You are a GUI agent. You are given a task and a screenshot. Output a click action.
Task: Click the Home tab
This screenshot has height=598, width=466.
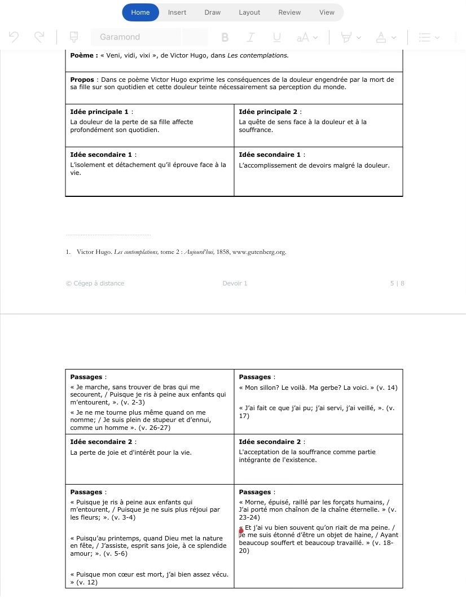(140, 12)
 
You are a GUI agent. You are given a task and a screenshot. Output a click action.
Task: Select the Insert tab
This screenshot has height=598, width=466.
(177, 12)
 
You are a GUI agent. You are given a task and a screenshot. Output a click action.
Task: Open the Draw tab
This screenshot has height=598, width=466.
(213, 12)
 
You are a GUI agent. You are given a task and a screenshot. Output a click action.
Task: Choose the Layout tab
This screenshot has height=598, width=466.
(249, 12)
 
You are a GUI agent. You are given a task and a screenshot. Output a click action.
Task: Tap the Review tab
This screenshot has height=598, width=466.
(289, 12)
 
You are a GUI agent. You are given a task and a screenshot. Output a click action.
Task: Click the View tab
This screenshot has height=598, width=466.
(327, 12)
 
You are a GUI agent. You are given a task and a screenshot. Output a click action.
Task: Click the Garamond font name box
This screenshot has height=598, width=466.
(135, 37)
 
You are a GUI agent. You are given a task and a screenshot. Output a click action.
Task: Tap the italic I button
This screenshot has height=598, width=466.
(251, 37)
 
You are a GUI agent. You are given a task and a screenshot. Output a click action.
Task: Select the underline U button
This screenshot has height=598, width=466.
(277, 37)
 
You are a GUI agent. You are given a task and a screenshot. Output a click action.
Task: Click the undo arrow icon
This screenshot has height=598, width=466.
(14, 37)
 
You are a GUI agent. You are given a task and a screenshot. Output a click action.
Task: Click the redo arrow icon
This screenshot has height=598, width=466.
(39, 37)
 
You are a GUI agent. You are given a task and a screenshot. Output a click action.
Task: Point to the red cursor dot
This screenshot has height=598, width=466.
(241, 531)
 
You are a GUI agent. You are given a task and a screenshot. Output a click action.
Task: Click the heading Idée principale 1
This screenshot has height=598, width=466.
(99, 112)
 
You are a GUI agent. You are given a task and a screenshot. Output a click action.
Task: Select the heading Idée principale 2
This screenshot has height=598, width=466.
(267, 112)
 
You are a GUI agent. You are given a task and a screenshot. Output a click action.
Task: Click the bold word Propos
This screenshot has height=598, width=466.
(82, 80)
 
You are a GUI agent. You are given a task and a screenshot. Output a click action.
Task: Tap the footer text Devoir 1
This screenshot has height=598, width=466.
(235, 283)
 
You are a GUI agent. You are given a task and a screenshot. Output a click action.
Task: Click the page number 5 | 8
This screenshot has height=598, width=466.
(397, 283)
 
